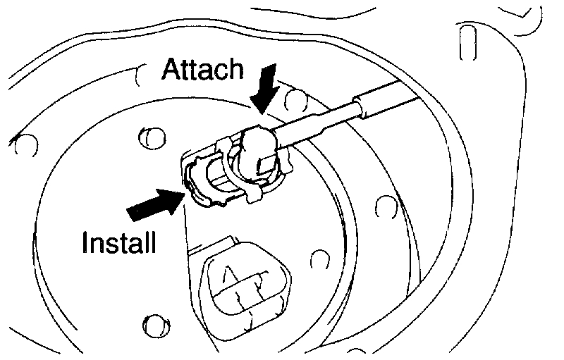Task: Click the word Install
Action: pyautogui.click(x=118, y=244)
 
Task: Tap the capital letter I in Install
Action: pyautogui.click(x=86, y=244)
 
